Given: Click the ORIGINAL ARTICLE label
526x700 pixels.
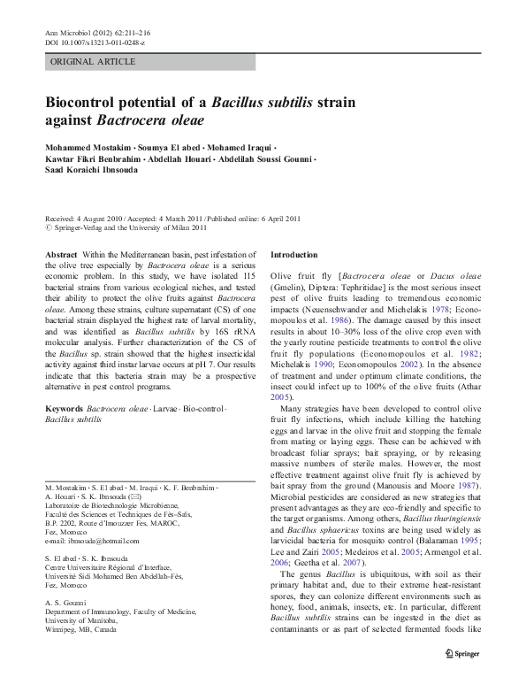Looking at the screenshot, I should pos(93,61).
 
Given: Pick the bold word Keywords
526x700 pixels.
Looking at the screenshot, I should pos(65,410).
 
